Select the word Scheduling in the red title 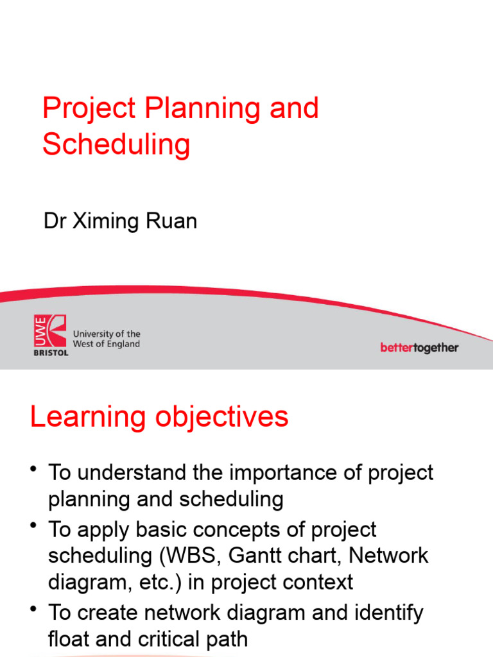click(116, 145)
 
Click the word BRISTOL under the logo click(50, 352)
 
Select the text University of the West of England click(107, 339)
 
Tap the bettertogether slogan click(419, 348)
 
